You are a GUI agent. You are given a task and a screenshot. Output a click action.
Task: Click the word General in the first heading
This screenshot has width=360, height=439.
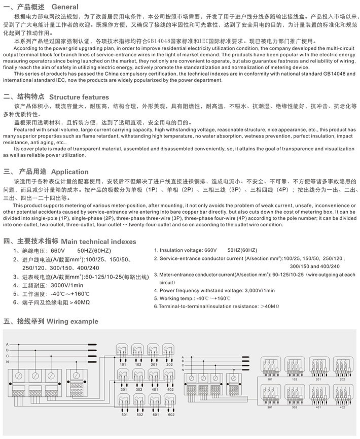click(x=65, y=7)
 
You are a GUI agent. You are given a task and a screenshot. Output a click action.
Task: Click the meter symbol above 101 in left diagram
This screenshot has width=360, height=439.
click(x=123, y=350)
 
